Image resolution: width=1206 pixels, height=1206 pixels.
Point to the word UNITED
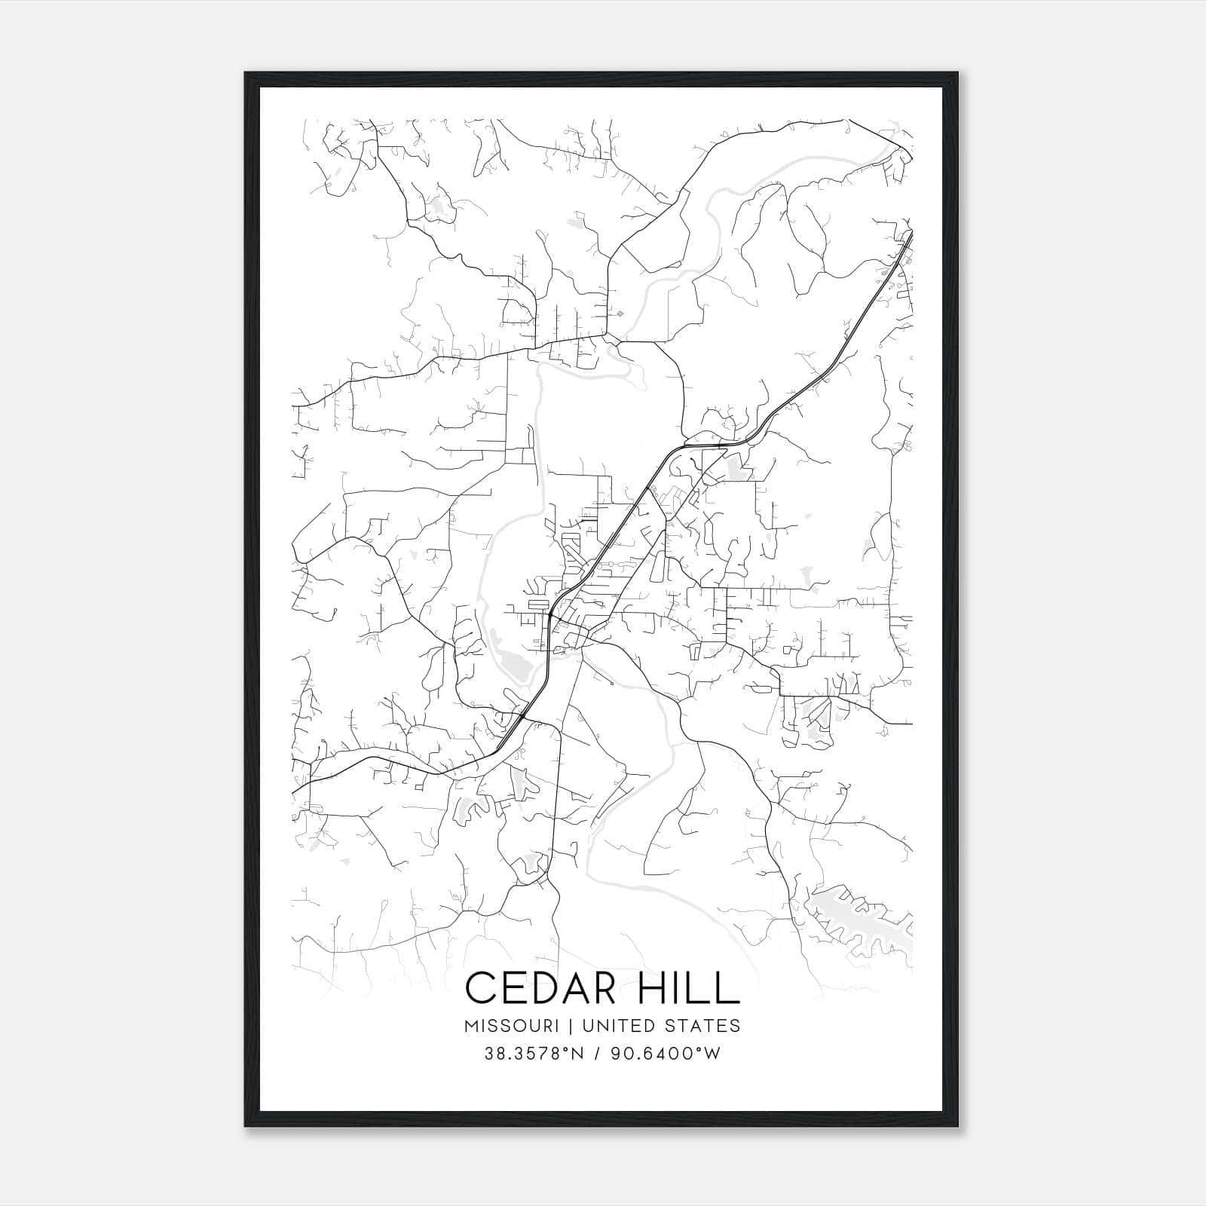click(x=618, y=1026)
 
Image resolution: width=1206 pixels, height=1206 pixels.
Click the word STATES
click(x=704, y=1026)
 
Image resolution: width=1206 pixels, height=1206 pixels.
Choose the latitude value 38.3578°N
click(x=534, y=1054)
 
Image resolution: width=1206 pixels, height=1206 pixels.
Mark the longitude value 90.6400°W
click(x=667, y=1054)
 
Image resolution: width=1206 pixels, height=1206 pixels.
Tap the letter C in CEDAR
click(x=482, y=987)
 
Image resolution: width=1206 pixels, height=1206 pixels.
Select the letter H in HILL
click(x=654, y=987)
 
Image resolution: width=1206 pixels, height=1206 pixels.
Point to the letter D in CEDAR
click(x=553, y=987)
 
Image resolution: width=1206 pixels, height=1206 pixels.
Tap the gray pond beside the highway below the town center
click(x=516, y=666)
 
